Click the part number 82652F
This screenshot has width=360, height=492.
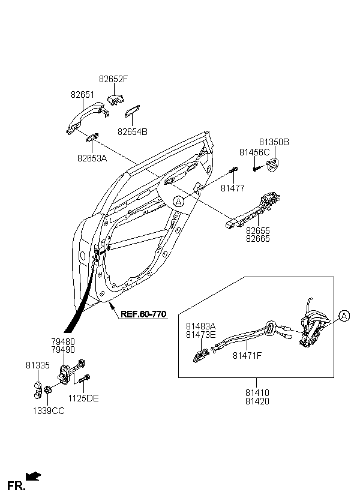pos(113,79)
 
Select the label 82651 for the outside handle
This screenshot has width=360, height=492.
pos(82,94)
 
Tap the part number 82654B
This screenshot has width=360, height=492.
pos(133,132)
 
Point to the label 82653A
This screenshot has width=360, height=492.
pos(92,158)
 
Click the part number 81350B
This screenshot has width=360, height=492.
pos(274,142)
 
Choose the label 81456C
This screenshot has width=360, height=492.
pos(254,152)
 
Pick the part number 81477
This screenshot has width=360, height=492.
pos(233,188)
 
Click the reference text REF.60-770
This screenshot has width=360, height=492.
pos(143,314)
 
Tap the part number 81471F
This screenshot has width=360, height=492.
pos(247,356)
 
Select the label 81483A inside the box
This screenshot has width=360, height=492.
pos(201,326)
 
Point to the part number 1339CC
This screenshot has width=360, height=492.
pos(49,411)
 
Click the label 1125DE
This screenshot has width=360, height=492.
pos(83,398)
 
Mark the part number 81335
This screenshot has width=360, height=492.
pos(38,365)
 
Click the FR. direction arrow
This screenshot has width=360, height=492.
pos(34,476)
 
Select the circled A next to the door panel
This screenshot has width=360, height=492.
pos(179,202)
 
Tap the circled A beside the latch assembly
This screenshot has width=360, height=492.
pos(344,316)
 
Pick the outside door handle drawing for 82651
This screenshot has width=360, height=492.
pos(88,118)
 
